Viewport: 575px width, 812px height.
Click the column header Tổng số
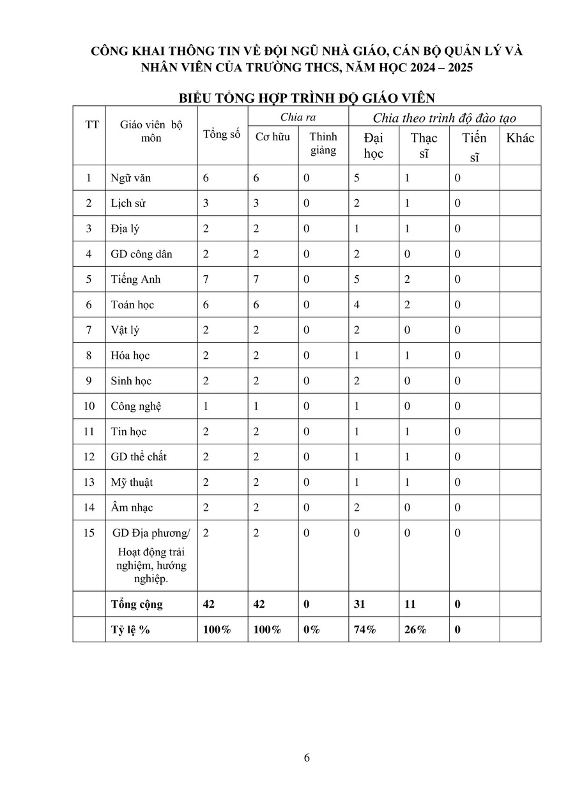[222, 134]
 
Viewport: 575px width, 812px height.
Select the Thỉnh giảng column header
[323, 144]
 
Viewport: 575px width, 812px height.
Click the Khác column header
[520, 138]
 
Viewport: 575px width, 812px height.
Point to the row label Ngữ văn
[130, 178]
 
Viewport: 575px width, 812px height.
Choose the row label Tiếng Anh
[135, 280]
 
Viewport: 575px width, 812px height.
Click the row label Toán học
[132, 305]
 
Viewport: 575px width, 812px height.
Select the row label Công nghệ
[136, 407]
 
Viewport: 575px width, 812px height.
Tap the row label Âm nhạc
[132, 508]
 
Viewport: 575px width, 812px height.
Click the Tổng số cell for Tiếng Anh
[206, 280]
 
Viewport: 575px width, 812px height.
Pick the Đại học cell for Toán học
[357, 305]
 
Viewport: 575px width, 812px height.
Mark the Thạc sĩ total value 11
[410, 605]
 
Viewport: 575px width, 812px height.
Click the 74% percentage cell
[365, 630]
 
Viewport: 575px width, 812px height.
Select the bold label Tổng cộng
[137, 605]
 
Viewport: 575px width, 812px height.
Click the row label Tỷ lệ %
[130, 630]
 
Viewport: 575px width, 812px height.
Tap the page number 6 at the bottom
[307, 758]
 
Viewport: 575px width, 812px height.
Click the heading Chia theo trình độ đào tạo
[445, 117]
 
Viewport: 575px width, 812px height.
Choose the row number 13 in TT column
[89, 483]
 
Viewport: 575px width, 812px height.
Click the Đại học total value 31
[360, 605]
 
